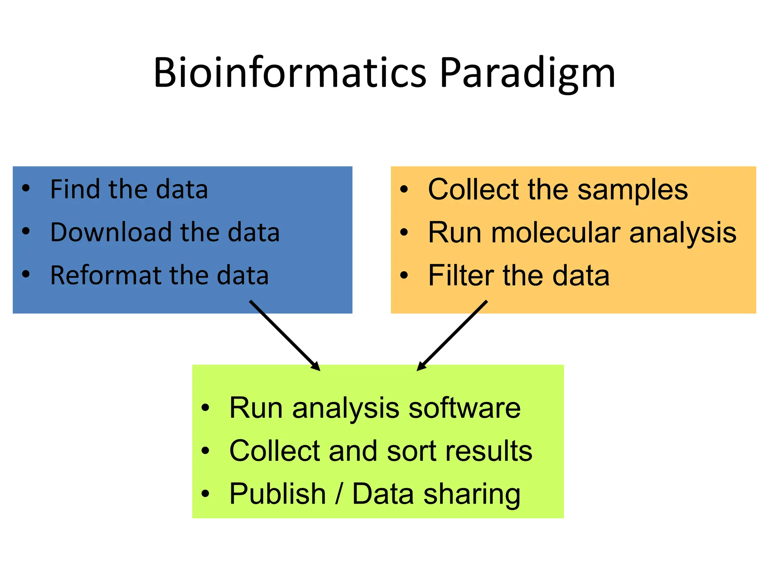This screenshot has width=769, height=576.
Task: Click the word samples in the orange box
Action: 632,190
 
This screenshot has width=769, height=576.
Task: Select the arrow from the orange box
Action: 452,335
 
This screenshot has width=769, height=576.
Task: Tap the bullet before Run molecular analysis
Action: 404,232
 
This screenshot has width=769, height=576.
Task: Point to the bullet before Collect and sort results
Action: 205,450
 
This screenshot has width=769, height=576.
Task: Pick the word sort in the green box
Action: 412,451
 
